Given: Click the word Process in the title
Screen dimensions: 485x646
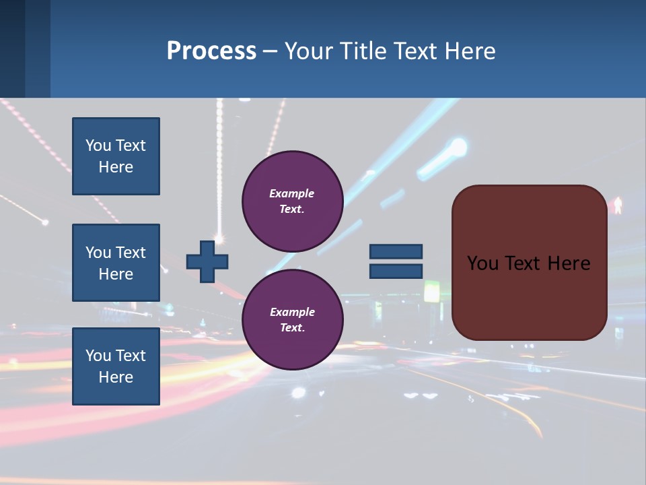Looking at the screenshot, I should pyautogui.click(x=211, y=51).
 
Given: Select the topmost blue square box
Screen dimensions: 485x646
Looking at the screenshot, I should pyautogui.click(x=116, y=156).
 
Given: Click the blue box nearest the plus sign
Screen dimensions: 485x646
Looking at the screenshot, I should pyautogui.click(x=116, y=263).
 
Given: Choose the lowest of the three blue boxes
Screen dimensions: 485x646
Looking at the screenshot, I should pyautogui.click(x=116, y=366).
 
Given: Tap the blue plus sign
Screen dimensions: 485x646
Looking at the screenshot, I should pyautogui.click(x=207, y=261).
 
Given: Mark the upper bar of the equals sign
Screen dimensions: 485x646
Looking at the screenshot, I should pyautogui.click(x=396, y=251).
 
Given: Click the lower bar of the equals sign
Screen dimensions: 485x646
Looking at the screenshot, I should pyautogui.click(x=396, y=271).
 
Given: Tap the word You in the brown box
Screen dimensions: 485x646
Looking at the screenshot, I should pyautogui.click(x=482, y=263).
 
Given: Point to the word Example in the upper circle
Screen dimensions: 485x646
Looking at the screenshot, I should pyautogui.click(x=292, y=193).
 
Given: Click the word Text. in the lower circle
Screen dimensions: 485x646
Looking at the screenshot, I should pyautogui.click(x=292, y=327).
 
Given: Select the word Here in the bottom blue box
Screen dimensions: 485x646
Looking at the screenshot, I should pyautogui.click(x=116, y=377).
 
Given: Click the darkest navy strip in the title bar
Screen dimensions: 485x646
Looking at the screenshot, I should pyautogui.click(x=12, y=48).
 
